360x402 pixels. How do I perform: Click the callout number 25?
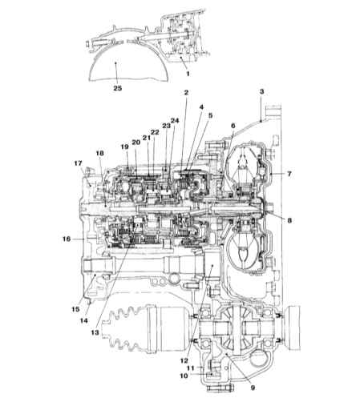118,88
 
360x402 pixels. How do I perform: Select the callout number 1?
188,74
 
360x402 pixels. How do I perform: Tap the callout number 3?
261,91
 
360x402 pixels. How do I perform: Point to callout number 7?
289,174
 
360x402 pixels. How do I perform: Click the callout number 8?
289,220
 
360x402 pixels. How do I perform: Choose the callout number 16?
67,239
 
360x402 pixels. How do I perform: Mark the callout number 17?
78,163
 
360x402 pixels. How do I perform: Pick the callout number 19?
124,147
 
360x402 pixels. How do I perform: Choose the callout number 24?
175,121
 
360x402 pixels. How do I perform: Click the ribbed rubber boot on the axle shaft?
123,330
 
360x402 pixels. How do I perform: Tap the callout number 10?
184,376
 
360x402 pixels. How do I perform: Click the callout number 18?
99,153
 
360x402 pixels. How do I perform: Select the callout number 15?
75,309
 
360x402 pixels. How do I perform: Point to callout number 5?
210,115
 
